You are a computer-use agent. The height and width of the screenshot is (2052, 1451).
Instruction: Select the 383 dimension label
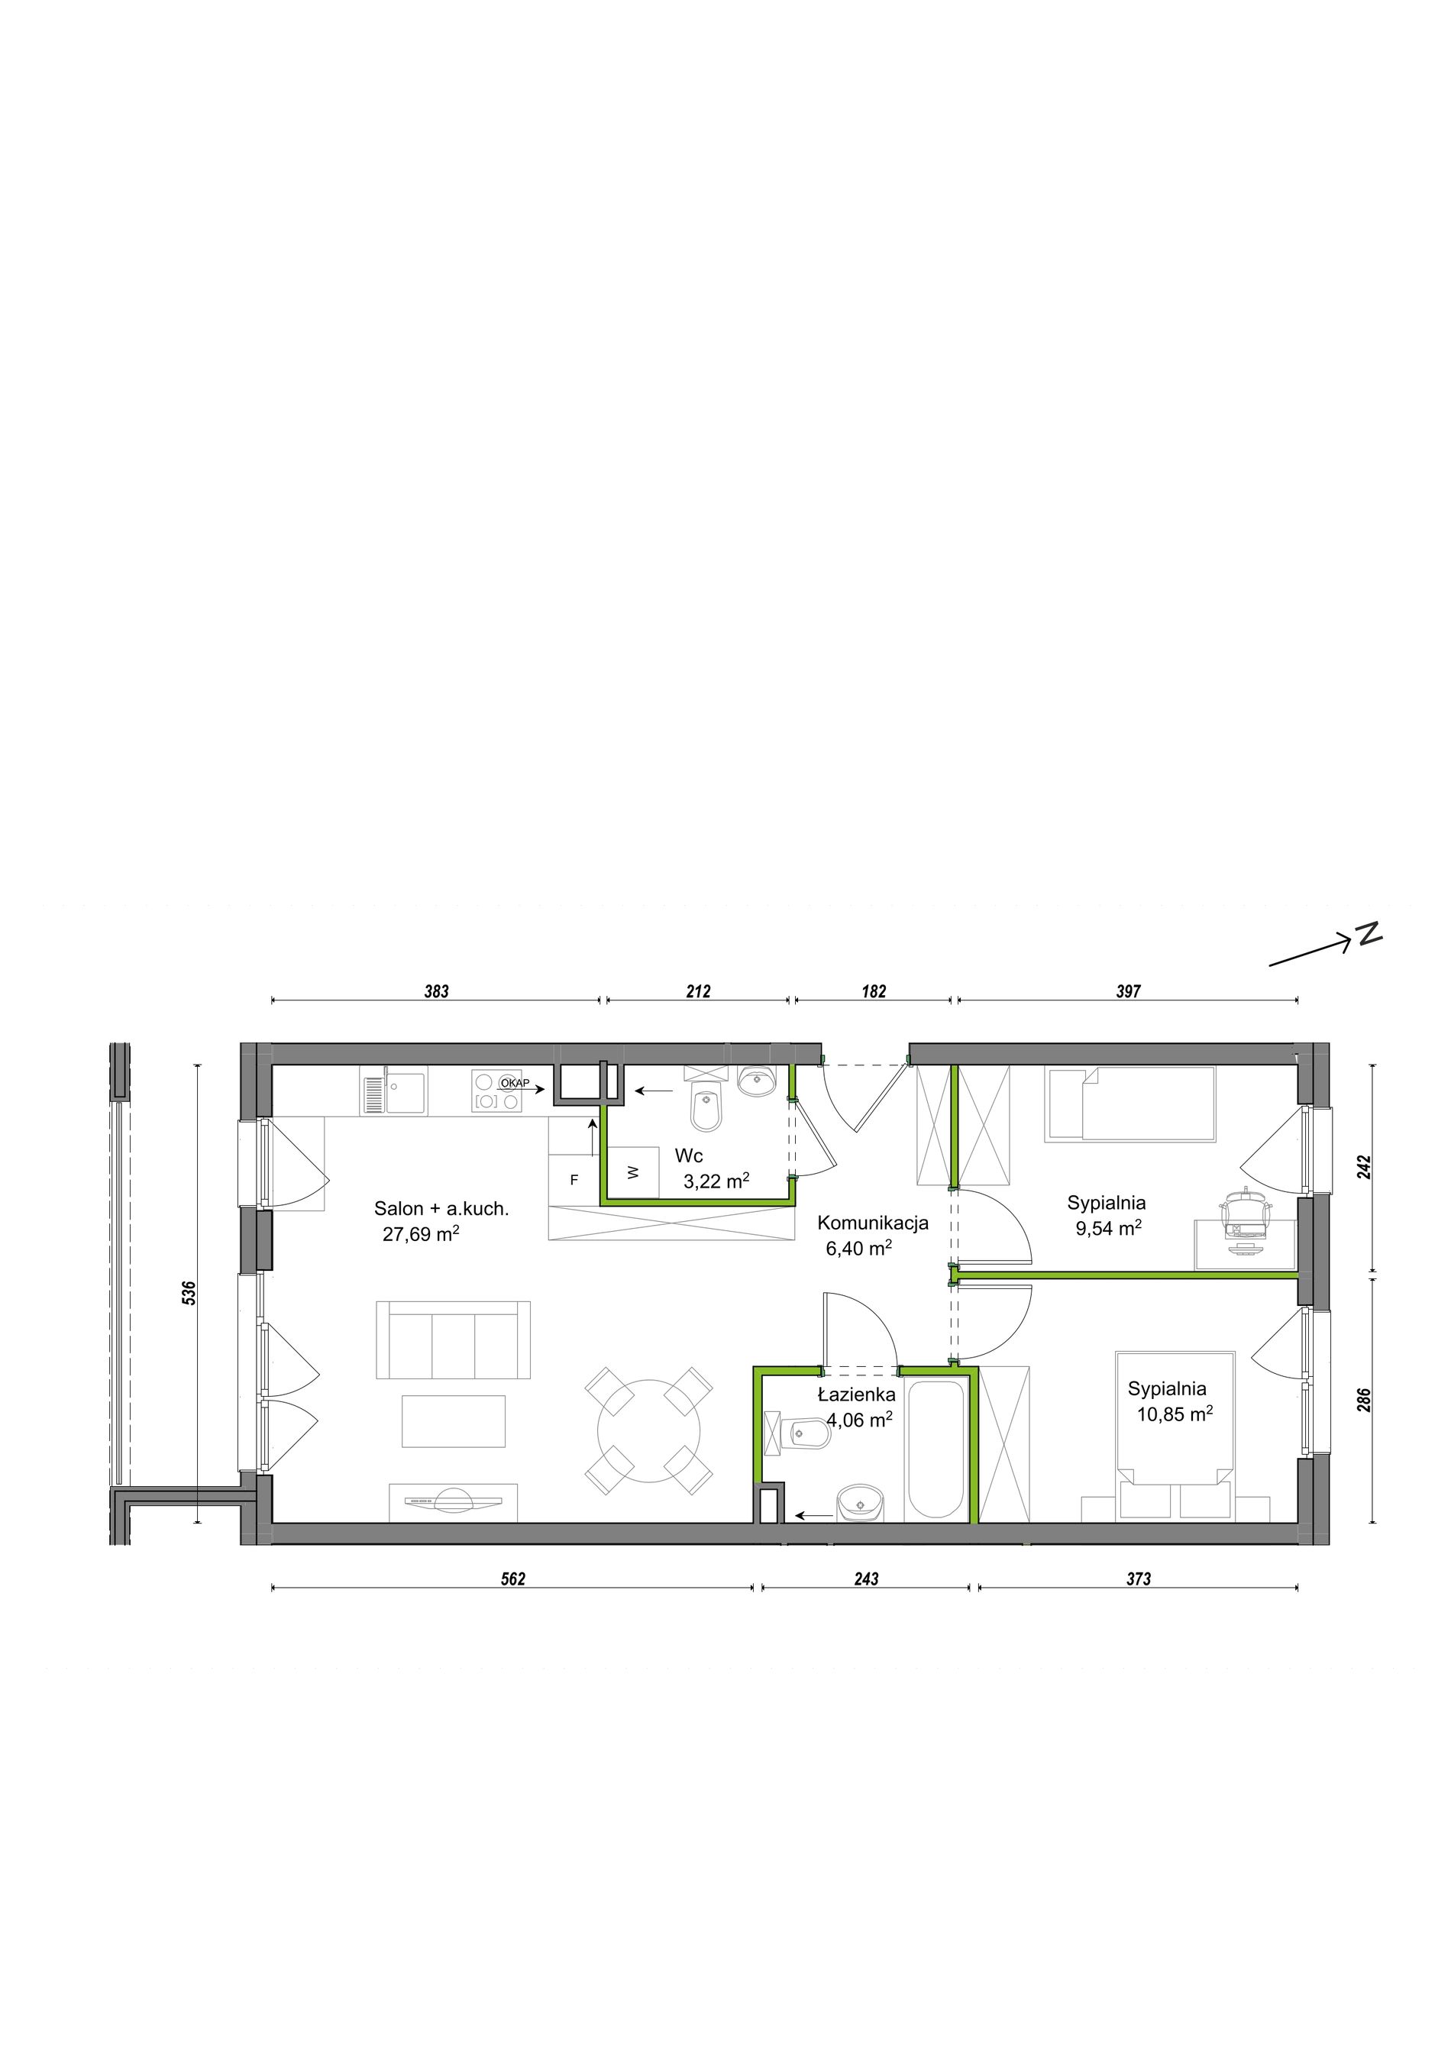coord(436,991)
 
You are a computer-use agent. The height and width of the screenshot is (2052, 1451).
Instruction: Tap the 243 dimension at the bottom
coord(866,1579)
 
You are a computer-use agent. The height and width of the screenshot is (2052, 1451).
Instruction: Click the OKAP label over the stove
coord(515,1083)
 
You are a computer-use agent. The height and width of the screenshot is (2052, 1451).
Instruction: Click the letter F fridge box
coord(574,1180)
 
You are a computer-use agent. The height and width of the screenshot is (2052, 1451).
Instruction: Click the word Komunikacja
coord(873,1223)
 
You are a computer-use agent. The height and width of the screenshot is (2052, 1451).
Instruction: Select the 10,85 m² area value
coord(1174,1414)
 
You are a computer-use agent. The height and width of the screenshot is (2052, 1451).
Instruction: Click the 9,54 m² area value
coord(1108,1228)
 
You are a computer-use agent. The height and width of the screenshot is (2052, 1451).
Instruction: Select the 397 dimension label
coord(1129,991)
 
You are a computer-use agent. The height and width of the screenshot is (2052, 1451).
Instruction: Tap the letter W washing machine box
coord(633,1171)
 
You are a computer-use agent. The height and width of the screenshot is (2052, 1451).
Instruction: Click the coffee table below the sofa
coord(454,1420)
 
